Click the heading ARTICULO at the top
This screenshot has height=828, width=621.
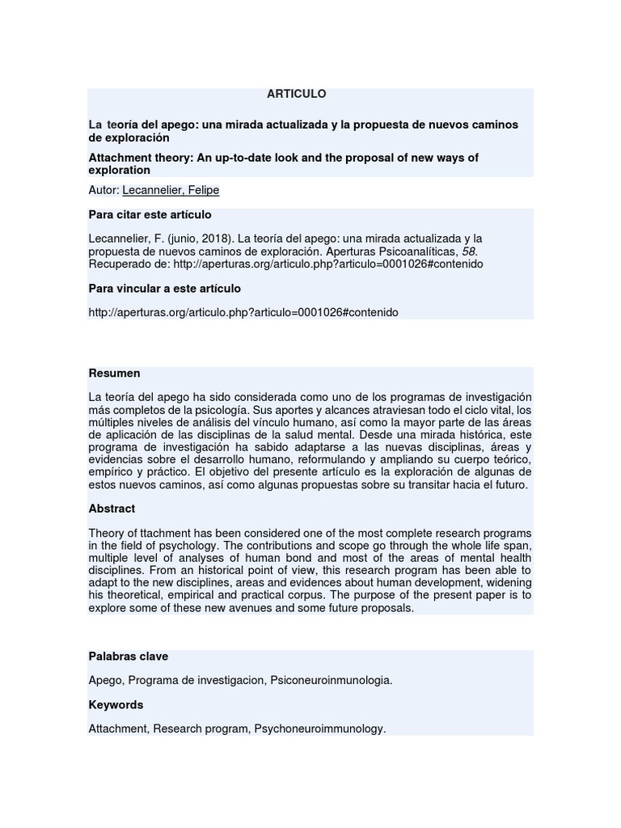point(297,94)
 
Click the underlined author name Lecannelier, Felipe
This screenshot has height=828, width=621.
point(171,190)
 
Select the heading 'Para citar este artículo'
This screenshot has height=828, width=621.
point(150,215)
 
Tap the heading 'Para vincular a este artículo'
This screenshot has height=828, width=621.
point(164,289)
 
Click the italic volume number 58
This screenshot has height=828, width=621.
point(463,251)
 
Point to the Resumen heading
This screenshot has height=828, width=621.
point(114,374)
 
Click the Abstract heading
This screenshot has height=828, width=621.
point(112,509)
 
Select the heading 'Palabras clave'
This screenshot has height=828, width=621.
point(128,657)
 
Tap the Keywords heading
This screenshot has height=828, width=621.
point(116,705)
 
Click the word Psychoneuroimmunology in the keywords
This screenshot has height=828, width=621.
point(319,729)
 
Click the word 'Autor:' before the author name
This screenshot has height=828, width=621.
point(103,190)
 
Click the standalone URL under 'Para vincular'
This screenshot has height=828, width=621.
point(243,312)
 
